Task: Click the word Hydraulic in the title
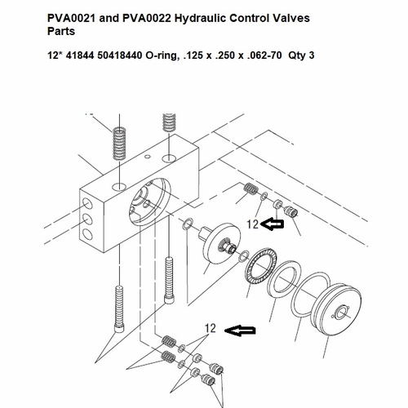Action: (200, 19)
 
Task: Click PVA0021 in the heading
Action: (72, 18)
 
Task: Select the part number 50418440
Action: (120, 55)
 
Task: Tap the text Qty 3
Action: (301, 55)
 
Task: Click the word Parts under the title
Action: (61, 31)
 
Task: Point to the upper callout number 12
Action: (252, 224)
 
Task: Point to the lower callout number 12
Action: (211, 328)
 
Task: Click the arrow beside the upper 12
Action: (273, 224)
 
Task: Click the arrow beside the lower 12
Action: (240, 330)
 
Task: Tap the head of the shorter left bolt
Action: (119, 327)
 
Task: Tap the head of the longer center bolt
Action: (169, 299)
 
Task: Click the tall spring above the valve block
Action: (119, 144)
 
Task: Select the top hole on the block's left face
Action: (87, 204)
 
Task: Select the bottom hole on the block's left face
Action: (87, 234)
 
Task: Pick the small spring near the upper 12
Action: (251, 188)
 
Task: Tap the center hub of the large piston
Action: (341, 313)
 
